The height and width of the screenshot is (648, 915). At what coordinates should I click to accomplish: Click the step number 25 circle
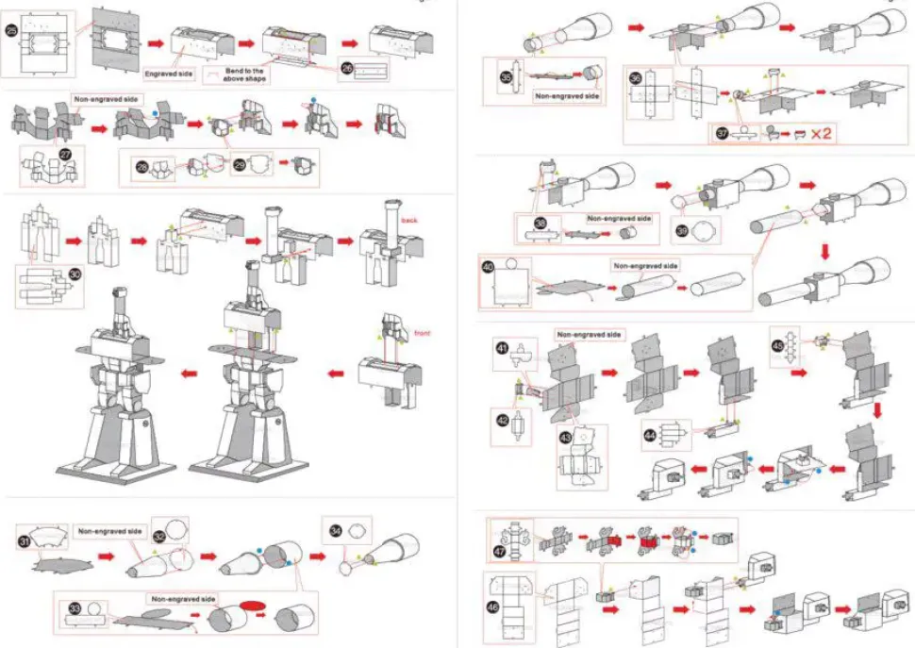pos(11,30)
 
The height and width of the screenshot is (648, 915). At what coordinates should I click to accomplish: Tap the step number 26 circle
pos(347,68)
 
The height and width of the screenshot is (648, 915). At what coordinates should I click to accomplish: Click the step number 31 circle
pos(25,540)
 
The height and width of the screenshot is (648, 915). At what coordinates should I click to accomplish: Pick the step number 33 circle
pos(72,608)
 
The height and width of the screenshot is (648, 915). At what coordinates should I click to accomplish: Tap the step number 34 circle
pos(334,530)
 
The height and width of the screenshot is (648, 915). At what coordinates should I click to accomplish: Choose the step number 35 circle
pos(506,77)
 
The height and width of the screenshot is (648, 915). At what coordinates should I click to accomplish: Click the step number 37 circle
pos(723,134)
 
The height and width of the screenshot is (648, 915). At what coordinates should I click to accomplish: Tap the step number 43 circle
pos(566,437)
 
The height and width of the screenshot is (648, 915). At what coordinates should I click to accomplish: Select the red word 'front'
pos(422,333)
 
